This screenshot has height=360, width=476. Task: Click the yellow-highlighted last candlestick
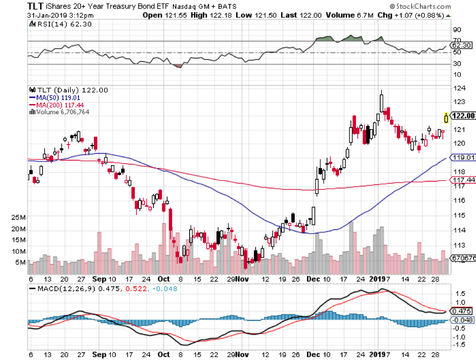(x=446, y=117)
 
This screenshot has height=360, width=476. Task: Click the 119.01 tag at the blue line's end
(x=461, y=158)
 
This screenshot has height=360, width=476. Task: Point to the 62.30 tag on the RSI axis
(x=461, y=45)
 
